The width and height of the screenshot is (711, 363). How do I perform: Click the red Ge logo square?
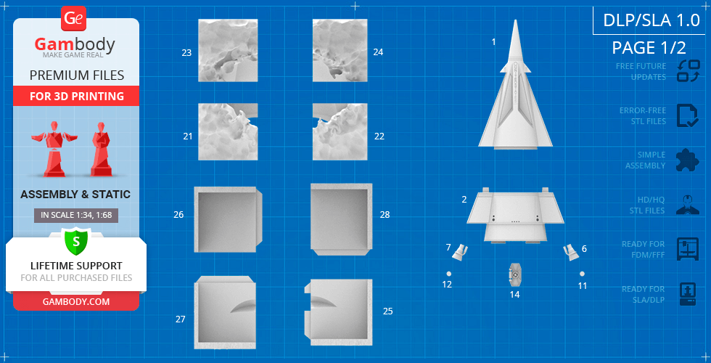pos(73,19)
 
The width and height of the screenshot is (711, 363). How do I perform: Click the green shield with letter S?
pos(76,241)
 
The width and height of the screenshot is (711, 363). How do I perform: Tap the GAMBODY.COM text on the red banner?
pos(76,301)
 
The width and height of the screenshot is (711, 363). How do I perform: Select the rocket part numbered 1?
pos(516,84)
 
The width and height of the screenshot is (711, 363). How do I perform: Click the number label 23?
pos(186,52)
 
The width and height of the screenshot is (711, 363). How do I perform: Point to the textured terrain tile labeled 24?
pos(340,50)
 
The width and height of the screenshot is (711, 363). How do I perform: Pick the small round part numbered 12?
pos(448,274)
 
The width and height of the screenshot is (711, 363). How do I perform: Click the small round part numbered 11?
pos(582,274)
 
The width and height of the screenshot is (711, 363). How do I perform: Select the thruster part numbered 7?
pos(460,252)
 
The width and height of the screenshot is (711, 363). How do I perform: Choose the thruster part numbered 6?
pos(571,252)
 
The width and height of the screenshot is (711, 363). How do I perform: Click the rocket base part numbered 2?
pos(516,215)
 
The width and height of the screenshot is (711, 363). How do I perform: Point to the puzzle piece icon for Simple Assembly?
pos(688,160)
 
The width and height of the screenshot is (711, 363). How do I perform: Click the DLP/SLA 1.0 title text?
pos(652,20)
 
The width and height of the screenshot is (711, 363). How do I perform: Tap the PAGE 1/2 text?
pos(649,47)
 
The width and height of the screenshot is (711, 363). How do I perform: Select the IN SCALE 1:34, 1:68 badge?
pos(76,215)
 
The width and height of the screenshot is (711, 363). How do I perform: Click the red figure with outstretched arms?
pos(54,149)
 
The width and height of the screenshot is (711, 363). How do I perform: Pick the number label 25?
pos(387,311)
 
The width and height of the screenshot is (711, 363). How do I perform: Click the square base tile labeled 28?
pos(342,219)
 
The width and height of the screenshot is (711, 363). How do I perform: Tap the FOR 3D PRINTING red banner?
pos(76,96)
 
